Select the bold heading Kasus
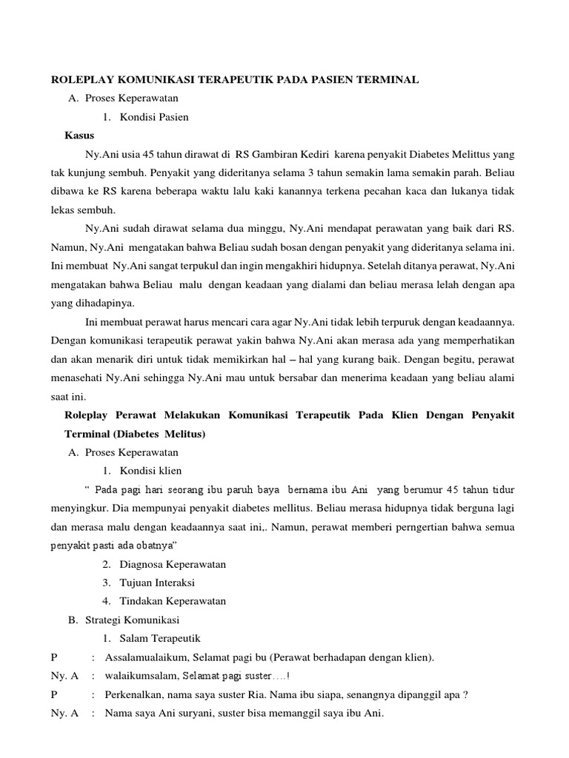tap(79, 136)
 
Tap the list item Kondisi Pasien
tap(154, 117)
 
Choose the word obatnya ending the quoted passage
tap(149, 546)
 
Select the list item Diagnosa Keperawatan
tap(173, 564)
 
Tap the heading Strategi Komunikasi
tap(132, 620)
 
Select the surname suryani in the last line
tap(192, 714)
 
